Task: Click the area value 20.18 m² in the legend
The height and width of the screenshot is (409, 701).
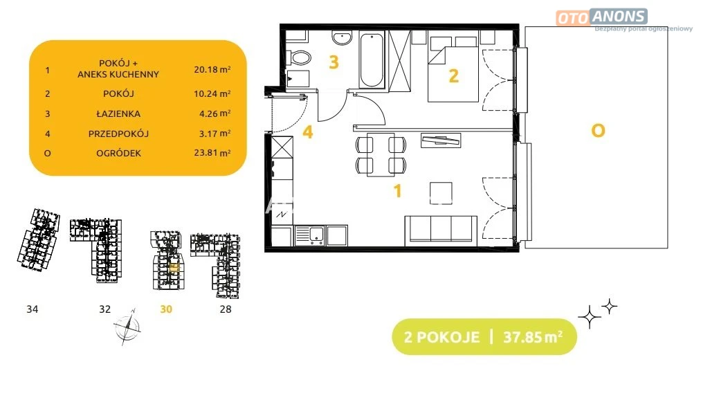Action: tap(212, 69)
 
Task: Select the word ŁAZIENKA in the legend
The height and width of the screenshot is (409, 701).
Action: tap(118, 113)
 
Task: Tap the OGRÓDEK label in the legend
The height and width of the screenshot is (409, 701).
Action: tap(118, 153)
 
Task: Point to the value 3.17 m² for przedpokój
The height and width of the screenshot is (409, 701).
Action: tap(215, 133)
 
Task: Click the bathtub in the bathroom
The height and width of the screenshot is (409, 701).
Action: tap(372, 60)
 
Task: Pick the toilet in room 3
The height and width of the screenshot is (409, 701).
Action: tap(300, 57)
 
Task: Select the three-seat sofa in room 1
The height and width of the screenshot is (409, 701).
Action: tap(441, 230)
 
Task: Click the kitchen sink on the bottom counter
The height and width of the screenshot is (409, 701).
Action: tap(309, 235)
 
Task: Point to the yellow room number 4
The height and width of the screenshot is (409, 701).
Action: tap(307, 132)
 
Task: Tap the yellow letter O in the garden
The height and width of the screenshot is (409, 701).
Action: tap(598, 131)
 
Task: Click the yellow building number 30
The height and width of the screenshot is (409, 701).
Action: tap(166, 309)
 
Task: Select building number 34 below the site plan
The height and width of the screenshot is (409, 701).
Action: tap(33, 309)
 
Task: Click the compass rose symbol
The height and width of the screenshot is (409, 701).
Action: tap(127, 327)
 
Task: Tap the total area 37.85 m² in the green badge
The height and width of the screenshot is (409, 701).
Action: tap(533, 336)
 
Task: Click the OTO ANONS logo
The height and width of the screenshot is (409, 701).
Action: tap(602, 17)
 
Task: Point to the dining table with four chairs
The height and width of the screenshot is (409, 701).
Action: tap(381, 154)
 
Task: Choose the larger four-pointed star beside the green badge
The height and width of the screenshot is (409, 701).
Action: tap(589, 317)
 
